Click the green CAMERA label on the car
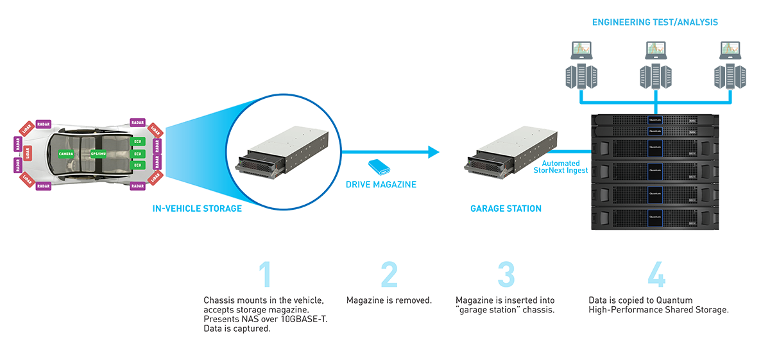(x=65, y=154)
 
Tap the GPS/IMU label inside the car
(x=98, y=154)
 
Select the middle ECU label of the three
(x=137, y=153)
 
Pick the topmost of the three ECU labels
(x=137, y=141)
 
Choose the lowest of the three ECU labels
(x=137, y=166)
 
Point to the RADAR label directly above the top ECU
(x=137, y=123)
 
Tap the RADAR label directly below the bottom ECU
(x=137, y=185)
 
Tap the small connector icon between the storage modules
(x=384, y=171)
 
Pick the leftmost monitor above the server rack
(x=580, y=49)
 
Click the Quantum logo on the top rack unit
(x=654, y=120)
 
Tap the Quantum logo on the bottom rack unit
(x=654, y=217)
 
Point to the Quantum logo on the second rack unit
(x=654, y=131)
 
